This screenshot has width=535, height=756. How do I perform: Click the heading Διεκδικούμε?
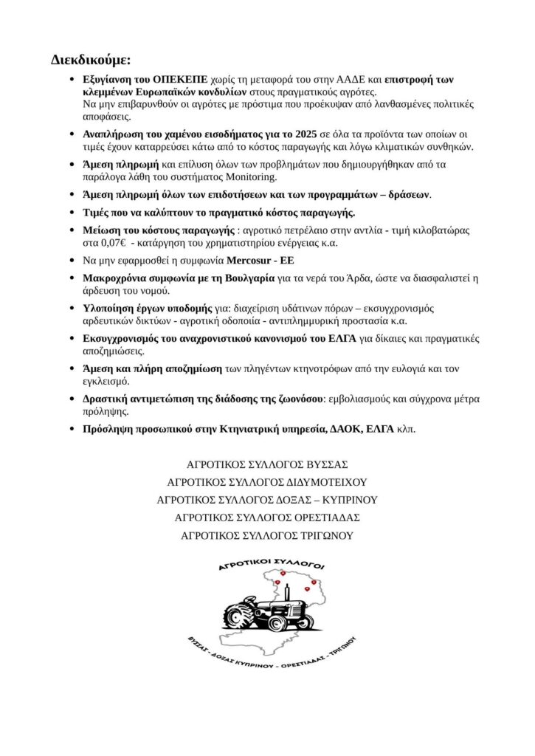[x=91, y=59]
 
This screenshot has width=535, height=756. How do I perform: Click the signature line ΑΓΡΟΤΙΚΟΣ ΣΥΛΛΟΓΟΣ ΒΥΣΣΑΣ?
[x=267, y=465]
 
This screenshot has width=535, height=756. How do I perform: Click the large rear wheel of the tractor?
[x=240, y=614]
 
